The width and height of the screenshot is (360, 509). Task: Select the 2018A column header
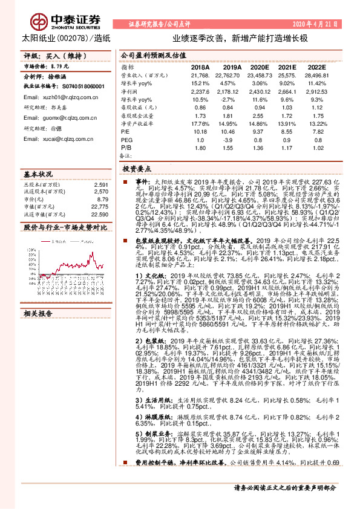pos(198,67)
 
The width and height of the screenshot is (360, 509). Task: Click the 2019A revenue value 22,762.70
pos(229,75)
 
